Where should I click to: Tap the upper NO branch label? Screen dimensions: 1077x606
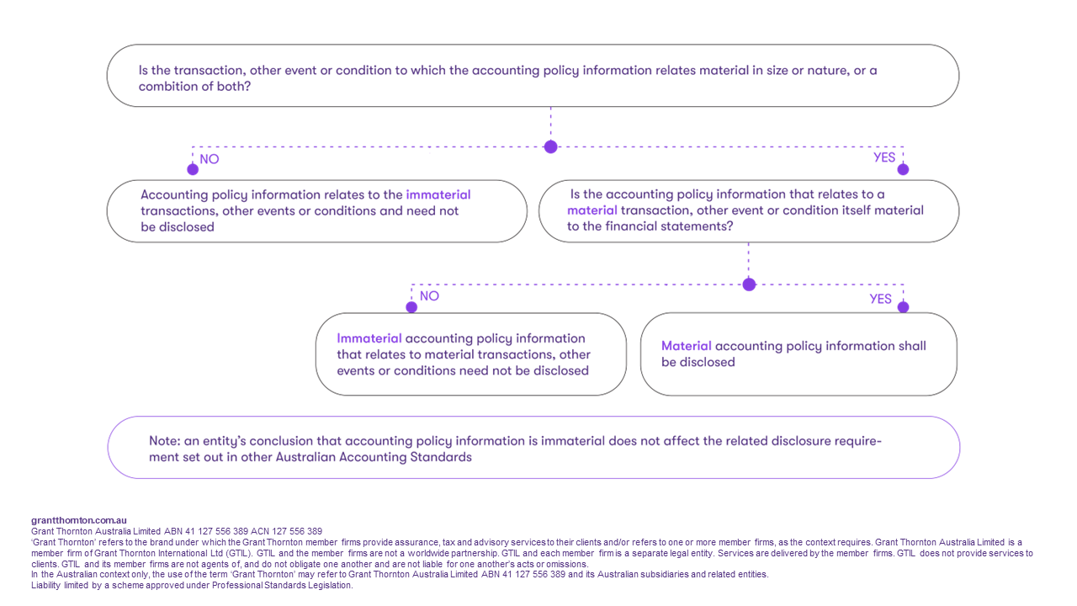(x=210, y=159)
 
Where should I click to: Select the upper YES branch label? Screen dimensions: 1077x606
(x=884, y=157)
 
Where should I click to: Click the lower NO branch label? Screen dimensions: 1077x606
(x=429, y=295)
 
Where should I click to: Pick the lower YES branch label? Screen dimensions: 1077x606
(x=880, y=299)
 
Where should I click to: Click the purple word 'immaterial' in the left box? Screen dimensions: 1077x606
(x=438, y=194)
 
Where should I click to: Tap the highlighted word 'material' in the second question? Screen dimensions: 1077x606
(x=592, y=210)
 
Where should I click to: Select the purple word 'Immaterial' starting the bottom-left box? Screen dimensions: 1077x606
(x=369, y=338)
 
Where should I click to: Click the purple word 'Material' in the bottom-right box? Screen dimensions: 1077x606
(x=686, y=346)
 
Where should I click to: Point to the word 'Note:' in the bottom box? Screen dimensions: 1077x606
(x=164, y=441)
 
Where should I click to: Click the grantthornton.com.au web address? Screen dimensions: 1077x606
(x=79, y=520)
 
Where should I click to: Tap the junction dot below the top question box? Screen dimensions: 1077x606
(x=550, y=146)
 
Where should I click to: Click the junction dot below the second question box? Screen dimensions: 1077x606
(x=749, y=284)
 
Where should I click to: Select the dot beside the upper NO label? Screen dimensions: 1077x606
(x=193, y=169)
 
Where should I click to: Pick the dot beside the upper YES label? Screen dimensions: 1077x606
(x=903, y=169)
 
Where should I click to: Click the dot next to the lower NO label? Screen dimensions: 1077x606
(x=411, y=307)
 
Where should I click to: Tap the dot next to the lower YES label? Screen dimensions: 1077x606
(x=903, y=307)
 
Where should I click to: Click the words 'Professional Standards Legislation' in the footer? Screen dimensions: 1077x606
(x=282, y=585)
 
